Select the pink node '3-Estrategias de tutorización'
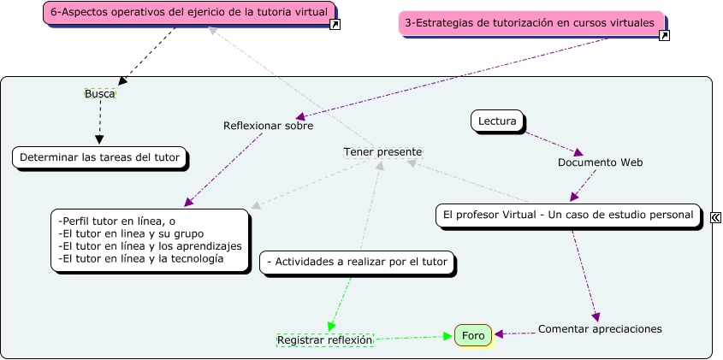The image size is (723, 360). pos(530,23)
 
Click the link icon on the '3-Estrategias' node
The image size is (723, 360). pos(664,35)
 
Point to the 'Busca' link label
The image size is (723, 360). pos(100,93)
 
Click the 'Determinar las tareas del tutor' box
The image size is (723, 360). pos(99,157)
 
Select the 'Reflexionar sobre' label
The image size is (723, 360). pos(268,126)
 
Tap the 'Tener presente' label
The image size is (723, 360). pos(382,151)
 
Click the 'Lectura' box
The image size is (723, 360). pos(497,121)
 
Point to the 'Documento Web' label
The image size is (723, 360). pos(600,162)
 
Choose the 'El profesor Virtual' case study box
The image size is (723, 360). pos(568,215)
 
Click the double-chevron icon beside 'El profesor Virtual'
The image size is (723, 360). pos(715,218)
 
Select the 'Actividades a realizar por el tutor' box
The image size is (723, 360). pos(358,263)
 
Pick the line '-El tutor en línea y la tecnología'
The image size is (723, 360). pos(140,257)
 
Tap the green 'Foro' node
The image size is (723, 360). pos(473,336)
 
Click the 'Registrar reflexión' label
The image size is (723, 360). pos(325,339)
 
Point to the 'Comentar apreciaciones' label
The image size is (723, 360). pos(600,328)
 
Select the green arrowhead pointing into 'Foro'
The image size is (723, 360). pos(447,337)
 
